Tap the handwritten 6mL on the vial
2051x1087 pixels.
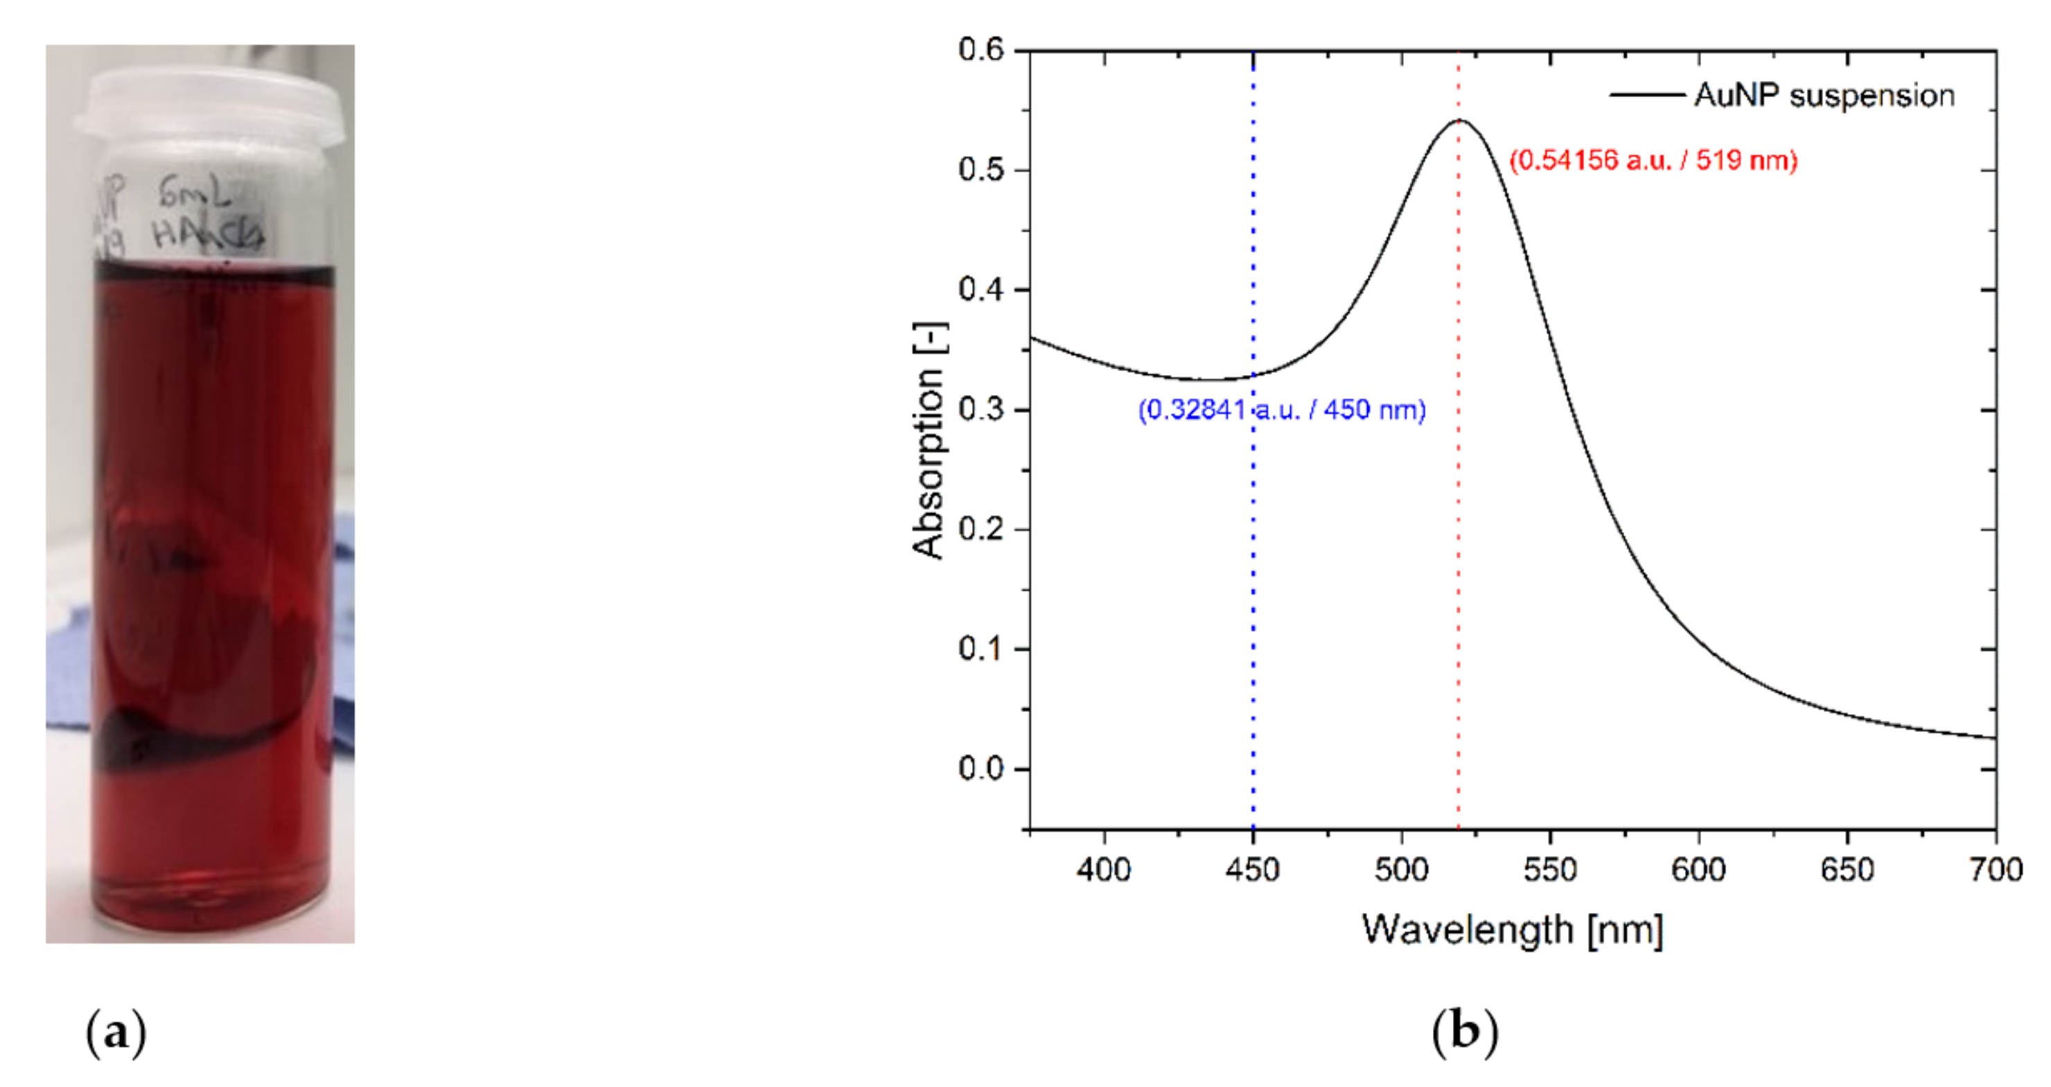point(195,193)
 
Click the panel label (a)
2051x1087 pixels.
point(116,1033)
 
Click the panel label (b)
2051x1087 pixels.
point(1464,1032)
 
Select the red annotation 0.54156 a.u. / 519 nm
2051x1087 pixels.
point(1653,161)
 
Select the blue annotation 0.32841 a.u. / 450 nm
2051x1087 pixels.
point(1281,410)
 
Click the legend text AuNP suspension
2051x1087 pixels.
point(1823,96)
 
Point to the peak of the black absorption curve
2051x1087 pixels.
point(1459,120)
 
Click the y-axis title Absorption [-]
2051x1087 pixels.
point(929,440)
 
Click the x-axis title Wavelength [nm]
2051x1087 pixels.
point(1512,930)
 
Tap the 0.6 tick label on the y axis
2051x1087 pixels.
point(981,50)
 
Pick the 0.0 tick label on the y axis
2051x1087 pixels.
point(981,769)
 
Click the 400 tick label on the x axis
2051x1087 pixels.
point(1104,869)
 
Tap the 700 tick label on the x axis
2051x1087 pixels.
point(1996,869)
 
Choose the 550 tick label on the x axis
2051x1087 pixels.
point(1549,869)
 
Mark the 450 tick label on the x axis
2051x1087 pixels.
point(1252,869)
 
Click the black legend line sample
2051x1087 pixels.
point(1646,96)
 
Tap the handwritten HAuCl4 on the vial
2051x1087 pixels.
point(207,235)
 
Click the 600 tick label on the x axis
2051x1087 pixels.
point(1698,869)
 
